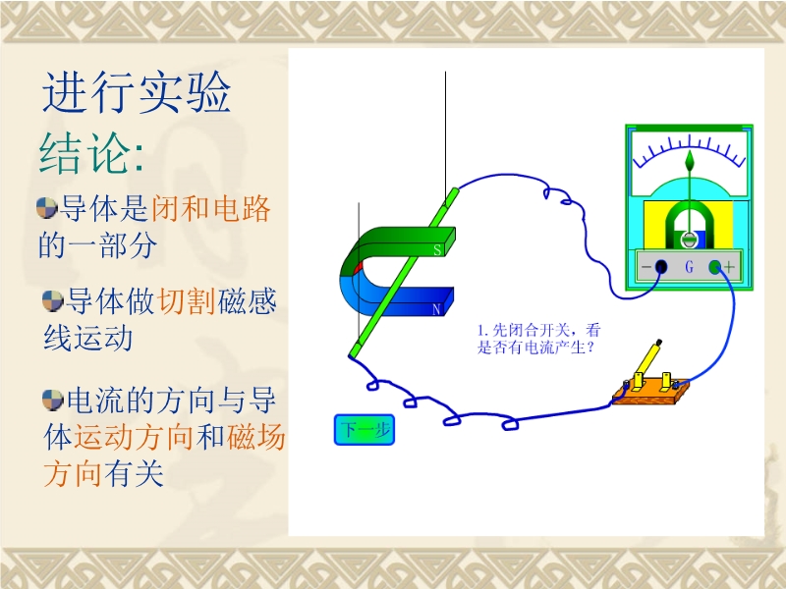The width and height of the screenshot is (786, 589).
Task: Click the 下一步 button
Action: click(365, 430)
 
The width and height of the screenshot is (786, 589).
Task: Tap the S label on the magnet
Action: click(437, 250)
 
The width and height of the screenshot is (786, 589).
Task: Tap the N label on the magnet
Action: click(436, 310)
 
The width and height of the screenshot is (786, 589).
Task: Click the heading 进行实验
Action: click(137, 92)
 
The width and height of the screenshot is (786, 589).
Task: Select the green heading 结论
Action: click(84, 153)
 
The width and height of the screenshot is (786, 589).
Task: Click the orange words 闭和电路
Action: click(210, 208)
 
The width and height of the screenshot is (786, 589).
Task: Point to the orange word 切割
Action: click(187, 301)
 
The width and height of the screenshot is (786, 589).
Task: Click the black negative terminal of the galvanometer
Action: click(661, 266)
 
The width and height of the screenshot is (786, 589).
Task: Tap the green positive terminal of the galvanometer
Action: click(715, 267)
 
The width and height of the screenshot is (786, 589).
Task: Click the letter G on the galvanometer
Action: click(690, 267)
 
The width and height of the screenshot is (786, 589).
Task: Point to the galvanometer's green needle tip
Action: click(691, 151)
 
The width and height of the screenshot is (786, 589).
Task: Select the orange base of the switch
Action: click(650, 394)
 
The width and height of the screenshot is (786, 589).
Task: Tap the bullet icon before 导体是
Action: click(46, 208)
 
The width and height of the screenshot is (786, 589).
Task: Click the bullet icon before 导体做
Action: click(53, 300)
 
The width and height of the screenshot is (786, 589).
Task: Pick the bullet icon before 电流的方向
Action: click(53, 401)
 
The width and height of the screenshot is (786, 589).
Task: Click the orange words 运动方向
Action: click(134, 437)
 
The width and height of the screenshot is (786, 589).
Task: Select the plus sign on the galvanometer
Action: click(729, 267)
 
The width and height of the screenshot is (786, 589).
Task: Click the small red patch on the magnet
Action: click(358, 268)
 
